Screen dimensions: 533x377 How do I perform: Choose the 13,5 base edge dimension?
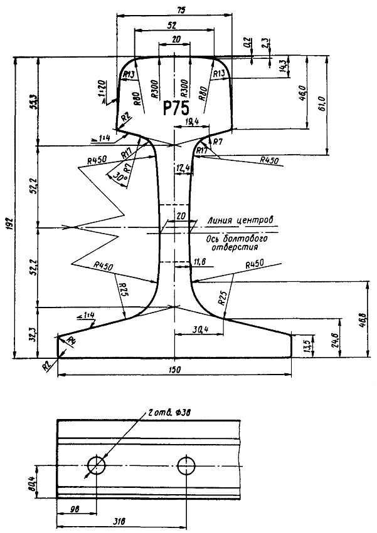click(306, 345)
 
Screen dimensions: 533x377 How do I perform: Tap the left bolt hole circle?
click(97, 465)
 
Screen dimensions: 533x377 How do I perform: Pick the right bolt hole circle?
click(186, 465)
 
